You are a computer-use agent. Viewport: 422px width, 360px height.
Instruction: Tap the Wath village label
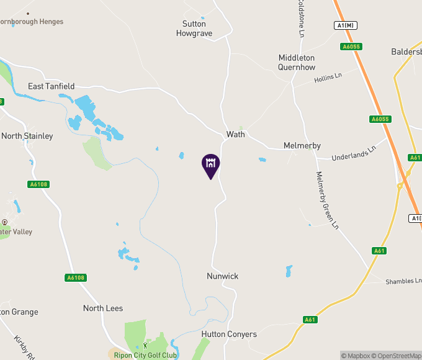236,134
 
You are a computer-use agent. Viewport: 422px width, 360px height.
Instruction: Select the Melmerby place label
302,145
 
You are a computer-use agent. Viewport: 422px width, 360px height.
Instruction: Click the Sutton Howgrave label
194,29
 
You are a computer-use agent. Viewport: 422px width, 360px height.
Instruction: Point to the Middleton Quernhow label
297,62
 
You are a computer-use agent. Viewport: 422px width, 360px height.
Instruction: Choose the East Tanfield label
52,86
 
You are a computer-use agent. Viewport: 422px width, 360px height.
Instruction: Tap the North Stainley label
27,136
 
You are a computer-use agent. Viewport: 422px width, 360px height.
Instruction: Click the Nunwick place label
223,276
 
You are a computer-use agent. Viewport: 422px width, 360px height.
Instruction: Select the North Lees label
103,308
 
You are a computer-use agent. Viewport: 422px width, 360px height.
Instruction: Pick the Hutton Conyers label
229,334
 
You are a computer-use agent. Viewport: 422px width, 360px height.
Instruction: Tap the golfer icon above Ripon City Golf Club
146,345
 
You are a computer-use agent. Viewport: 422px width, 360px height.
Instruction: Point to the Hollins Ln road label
328,78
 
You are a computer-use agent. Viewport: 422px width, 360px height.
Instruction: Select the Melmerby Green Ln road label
328,200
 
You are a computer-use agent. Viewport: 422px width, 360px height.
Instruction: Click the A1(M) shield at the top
348,25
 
